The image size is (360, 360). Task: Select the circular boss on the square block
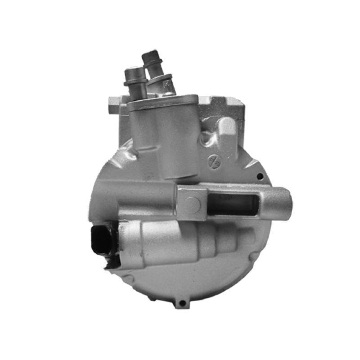pyautogui.click(x=193, y=205)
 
